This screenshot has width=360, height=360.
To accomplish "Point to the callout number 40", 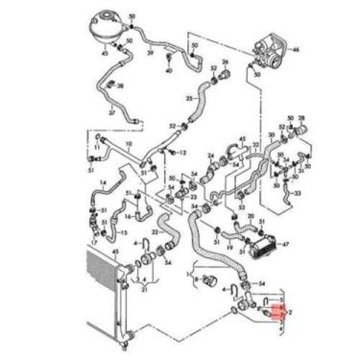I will click(170, 71).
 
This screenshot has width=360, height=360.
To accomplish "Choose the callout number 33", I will click(298, 192).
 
